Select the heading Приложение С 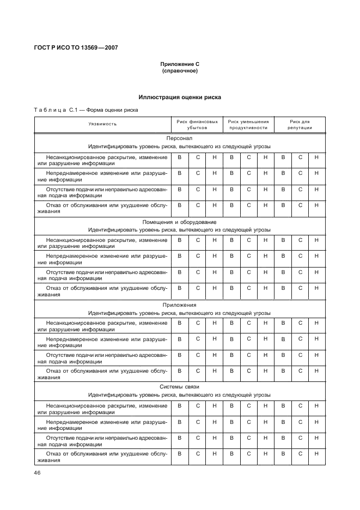(180, 65)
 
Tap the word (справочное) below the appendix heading (180, 71)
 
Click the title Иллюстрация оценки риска (180, 97)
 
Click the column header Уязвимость (103, 124)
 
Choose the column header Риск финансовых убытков (197, 125)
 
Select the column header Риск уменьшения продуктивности (248, 125)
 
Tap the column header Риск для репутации (300, 125)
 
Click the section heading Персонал (180, 138)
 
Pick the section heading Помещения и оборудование (180, 222)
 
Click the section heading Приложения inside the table (180, 305)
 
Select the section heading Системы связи (180, 387)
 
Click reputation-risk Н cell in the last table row (316, 454)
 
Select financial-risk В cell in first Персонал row (179, 157)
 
